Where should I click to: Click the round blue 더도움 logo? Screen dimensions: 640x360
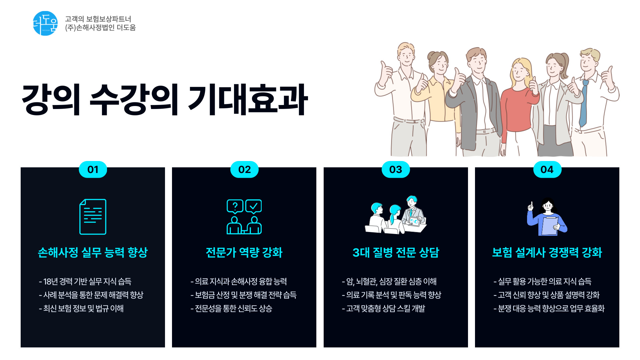[45, 23]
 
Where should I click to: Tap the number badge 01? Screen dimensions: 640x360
[93, 170]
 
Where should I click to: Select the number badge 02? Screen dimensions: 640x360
[244, 170]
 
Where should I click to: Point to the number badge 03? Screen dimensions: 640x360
[396, 170]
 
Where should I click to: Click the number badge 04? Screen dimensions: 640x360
[547, 170]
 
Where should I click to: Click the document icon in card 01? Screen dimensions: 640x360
[93, 217]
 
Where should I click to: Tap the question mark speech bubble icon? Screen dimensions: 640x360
[235, 206]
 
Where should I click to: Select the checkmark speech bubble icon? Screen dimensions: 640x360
[254, 206]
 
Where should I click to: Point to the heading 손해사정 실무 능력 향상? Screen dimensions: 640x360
[93, 252]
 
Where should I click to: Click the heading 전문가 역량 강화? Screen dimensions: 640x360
[244, 252]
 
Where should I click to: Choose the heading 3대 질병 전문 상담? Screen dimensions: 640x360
[396, 252]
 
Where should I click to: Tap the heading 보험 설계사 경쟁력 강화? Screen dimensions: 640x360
[547, 252]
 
